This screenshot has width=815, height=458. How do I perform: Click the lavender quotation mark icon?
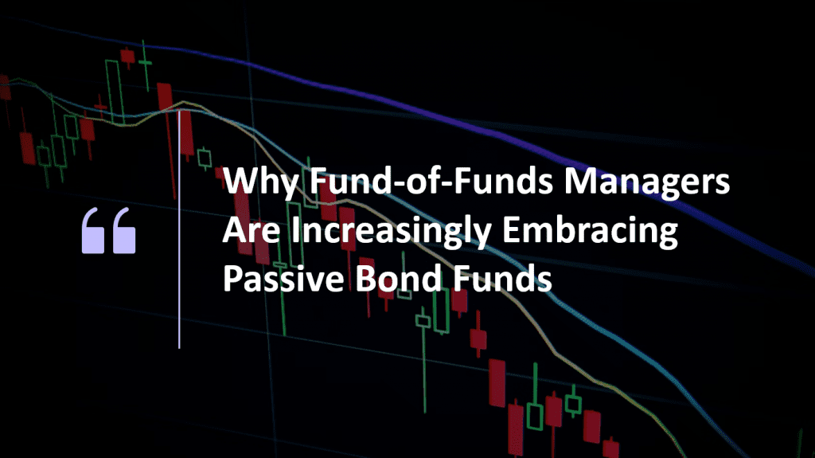tap(109, 231)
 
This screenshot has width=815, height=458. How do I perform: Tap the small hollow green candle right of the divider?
tap(205, 158)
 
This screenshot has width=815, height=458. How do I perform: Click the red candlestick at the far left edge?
tap(5, 88)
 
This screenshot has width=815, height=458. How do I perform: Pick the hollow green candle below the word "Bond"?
tap(423, 321)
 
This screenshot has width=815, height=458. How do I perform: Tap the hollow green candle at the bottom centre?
tap(535, 415)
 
